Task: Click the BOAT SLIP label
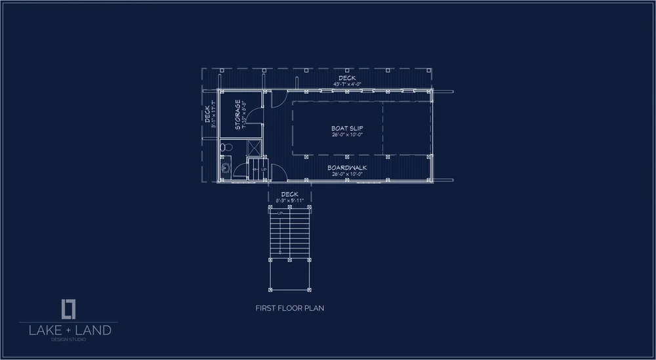click(x=348, y=128)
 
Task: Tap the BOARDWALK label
click(x=347, y=168)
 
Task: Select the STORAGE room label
click(x=238, y=114)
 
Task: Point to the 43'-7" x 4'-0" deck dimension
click(x=348, y=84)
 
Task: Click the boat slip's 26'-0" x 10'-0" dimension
click(x=348, y=134)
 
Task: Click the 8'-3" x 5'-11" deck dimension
click(x=289, y=200)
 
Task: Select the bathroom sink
click(x=225, y=168)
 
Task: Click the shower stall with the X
click(x=254, y=147)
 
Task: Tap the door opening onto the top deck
click(x=276, y=98)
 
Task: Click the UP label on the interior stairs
click(x=264, y=169)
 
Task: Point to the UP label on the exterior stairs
click(x=279, y=213)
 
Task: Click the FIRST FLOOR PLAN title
click(x=289, y=308)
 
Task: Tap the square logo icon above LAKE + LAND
click(x=69, y=308)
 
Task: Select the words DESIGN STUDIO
click(x=69, y=339)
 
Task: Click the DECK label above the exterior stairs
click(x=289, y=194)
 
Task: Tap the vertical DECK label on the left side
click(x=208, y=115)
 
